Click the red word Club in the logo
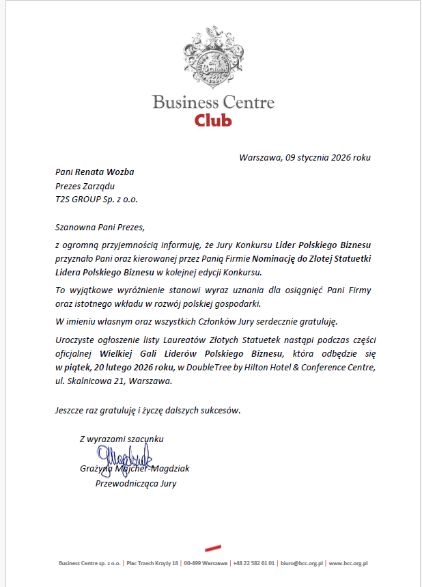click(213, 120)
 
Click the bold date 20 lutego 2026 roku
click(127, 368)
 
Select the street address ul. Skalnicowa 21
click(91, 381)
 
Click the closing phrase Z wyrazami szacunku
click(121, 439)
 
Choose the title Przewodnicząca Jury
click(136, 484)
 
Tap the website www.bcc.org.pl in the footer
click(349, 564)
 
